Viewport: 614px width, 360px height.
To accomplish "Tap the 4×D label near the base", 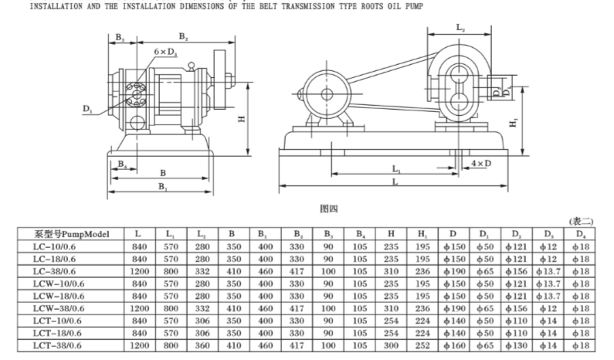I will tap(480, 164).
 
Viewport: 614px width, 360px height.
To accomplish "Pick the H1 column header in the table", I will tap(422, 233).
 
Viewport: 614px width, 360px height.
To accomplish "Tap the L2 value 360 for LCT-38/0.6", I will tap(203, 345).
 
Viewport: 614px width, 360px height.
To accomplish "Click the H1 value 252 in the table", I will tap(422, 345).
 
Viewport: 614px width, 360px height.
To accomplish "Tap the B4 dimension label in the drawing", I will tap(121, 163).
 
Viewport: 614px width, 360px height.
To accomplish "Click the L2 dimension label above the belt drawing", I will tap(460, 28).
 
